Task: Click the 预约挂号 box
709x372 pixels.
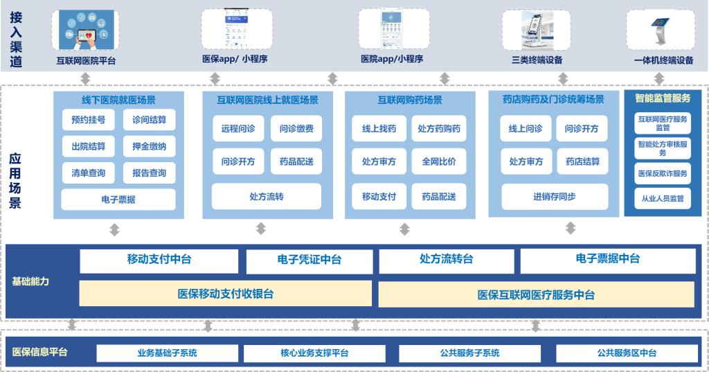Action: click(88, 120)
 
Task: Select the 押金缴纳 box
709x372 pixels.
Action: click(149, 146)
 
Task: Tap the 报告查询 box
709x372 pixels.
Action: click(149, 173)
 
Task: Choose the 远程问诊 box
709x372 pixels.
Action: click(238, 129)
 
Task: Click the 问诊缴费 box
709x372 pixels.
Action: click(296, 129)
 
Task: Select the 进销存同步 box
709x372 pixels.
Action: click(554, 197)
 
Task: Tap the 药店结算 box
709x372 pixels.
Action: click(583, 161)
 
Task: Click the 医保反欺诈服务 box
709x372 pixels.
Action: click(663, 173)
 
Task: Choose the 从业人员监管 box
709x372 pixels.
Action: click(663, 199)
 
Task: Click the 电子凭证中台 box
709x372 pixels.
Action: click(309, 260)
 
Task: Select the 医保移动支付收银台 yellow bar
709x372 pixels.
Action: click(226, 294)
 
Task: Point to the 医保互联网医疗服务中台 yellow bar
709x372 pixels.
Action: click(536, 294)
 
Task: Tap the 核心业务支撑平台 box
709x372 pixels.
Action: click(314, 353)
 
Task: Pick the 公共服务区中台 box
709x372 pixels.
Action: click(627, 353)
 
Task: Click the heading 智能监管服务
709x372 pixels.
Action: click(663, 98)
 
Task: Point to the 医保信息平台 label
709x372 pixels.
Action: click(40, 353)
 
